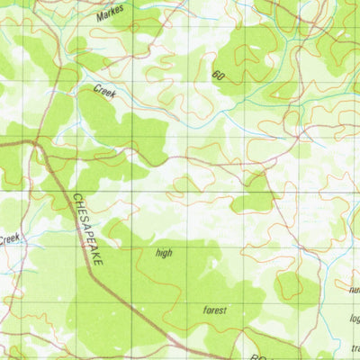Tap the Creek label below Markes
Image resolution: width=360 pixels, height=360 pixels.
pyautogui.click(x=104, y=90)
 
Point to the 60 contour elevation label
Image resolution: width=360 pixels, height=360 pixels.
pyautogui.click(x=218, y=76)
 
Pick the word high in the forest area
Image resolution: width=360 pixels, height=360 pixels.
pyautogui.click(x=163, y=253)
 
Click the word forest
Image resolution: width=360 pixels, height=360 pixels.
pyautogui.click(x=214, y=310)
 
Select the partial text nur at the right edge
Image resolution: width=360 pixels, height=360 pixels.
pyautogui.click(x=353, y=290)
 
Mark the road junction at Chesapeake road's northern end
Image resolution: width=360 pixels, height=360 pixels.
pyautogui.click(x=36, y=141)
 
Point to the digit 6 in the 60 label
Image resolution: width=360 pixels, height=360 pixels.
pyautogui.click(x=215, y=76)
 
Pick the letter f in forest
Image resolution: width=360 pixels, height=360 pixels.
pyautogui.click(x=204, y=310)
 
